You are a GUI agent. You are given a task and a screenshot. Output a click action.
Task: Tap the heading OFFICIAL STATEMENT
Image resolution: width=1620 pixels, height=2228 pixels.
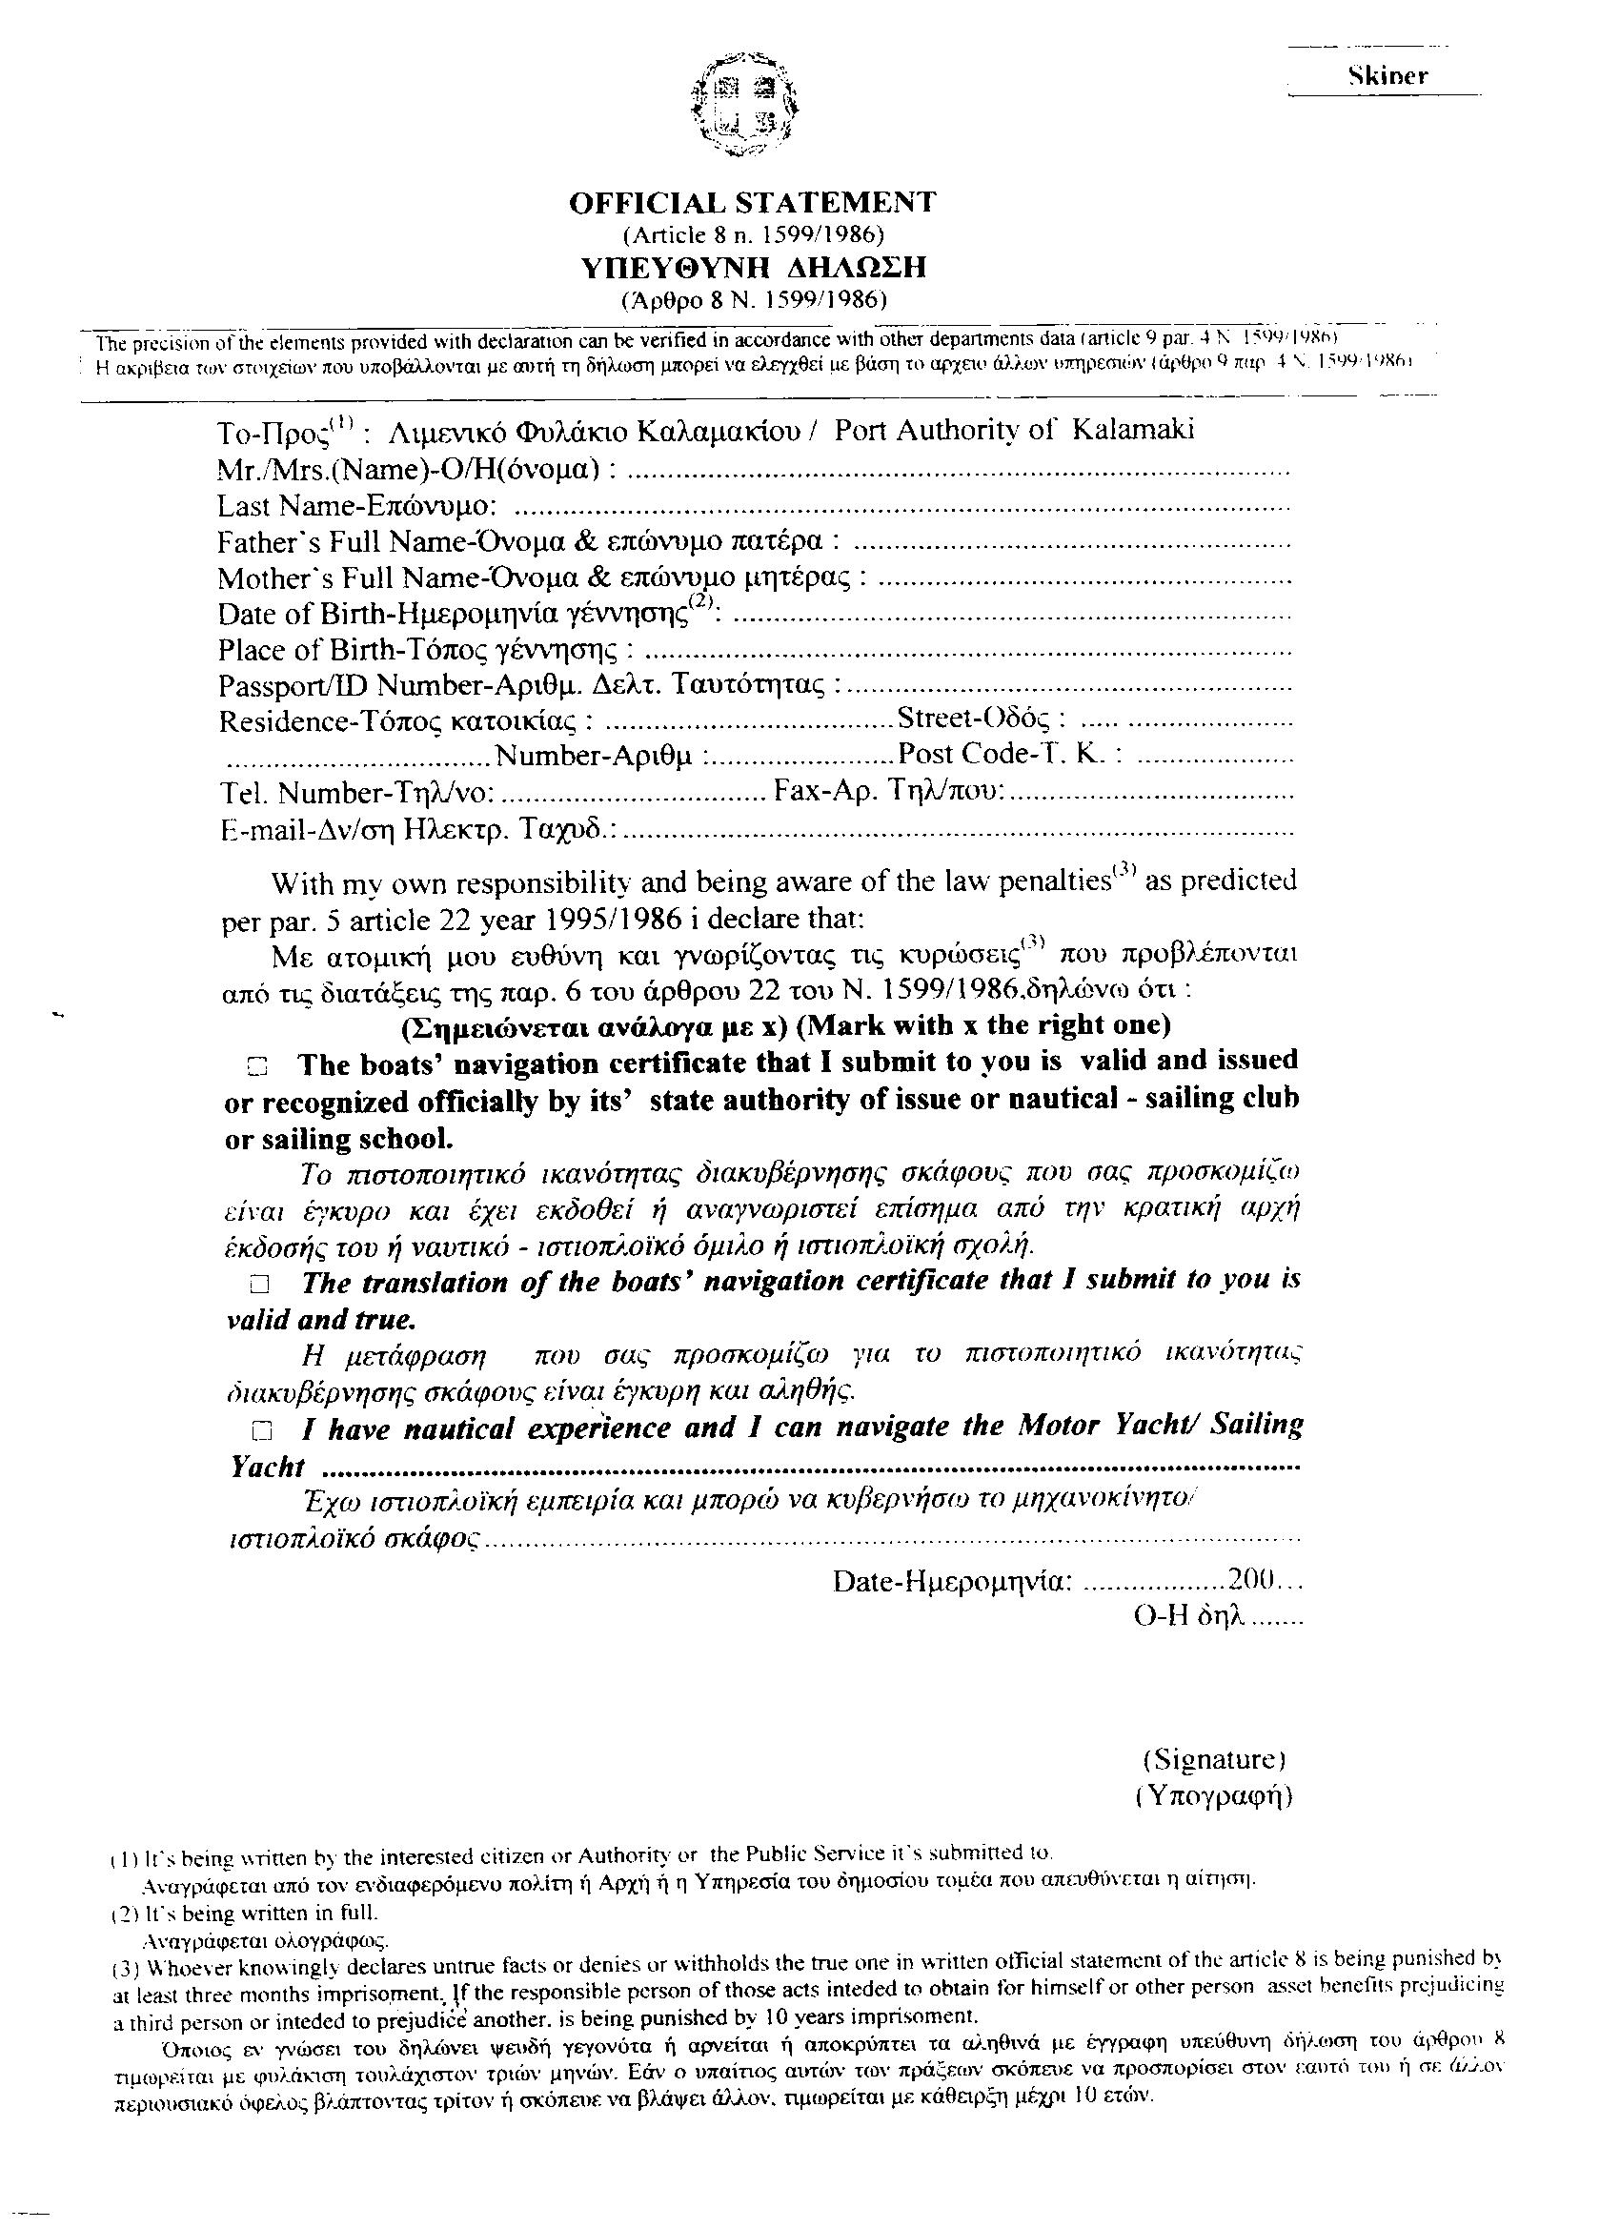pyautogui.click(x=752, y=202)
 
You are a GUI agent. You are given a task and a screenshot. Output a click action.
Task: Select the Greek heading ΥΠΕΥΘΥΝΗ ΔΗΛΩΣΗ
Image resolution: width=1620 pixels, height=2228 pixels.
pyautogui.click(x=752, y=266)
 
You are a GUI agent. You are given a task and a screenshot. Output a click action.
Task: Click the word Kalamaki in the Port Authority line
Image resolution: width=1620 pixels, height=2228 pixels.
pyautogui.click(x=1132, y=431)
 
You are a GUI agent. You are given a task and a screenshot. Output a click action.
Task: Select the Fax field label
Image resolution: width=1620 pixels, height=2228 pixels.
pyautogui.click(x=888, y=791)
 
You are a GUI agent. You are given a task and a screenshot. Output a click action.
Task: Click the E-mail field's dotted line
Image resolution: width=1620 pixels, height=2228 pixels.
pyautogui.click(x=958, y=833)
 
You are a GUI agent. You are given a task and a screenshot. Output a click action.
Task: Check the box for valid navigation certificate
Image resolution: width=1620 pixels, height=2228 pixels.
pyautogui.click(x=257, y=1064)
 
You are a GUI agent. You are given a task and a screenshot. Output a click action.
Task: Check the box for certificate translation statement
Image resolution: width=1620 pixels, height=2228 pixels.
pyautogui.click(x=258, y=1284)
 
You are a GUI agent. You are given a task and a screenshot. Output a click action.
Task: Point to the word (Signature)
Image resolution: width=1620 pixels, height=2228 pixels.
pyautogui.click(x=1214, y=1758)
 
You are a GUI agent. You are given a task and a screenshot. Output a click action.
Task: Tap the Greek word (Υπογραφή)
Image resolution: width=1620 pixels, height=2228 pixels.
pyautogui.click(x=1214, y=1795)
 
